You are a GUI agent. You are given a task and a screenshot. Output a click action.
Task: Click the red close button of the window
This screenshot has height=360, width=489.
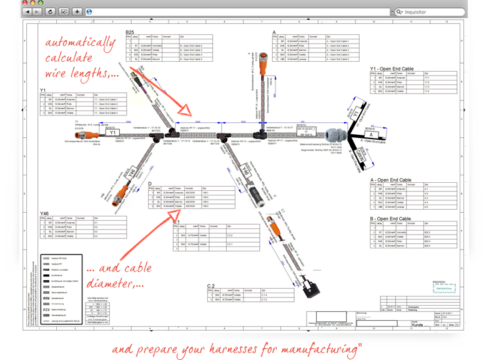coord(25,2)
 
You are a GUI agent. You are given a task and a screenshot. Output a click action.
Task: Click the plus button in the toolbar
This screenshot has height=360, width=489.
coord(77,12)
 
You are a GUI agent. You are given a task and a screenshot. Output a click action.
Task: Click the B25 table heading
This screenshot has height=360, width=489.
coord(130,32)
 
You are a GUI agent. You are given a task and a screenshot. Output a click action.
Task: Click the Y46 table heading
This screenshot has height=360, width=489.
coord(44,214)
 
